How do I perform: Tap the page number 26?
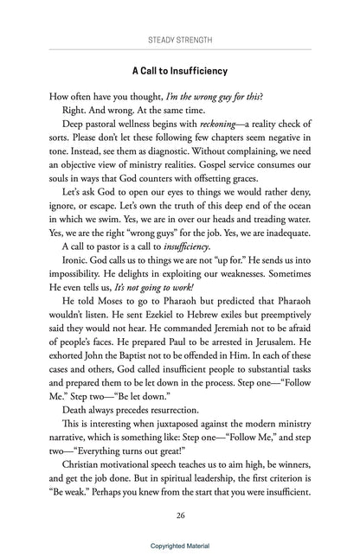tap(179, 514)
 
